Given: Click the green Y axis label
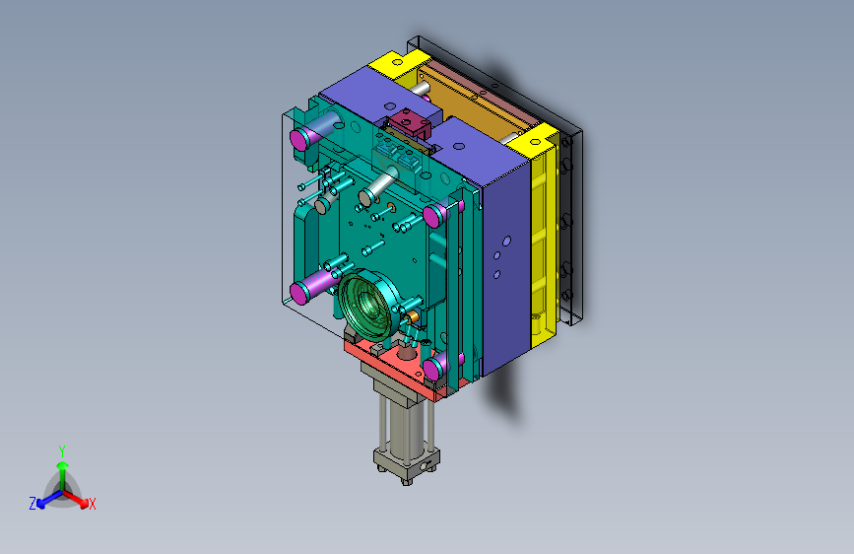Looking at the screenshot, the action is (62, 451).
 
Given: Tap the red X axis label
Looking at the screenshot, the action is (92, 504).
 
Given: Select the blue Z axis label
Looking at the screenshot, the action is (33, 504).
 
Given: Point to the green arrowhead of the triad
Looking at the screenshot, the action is (63, 465).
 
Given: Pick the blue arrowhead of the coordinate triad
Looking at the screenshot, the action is (41, 504).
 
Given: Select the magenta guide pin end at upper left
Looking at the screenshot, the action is (299, 140).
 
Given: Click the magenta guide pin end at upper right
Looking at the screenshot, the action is (432, 217).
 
